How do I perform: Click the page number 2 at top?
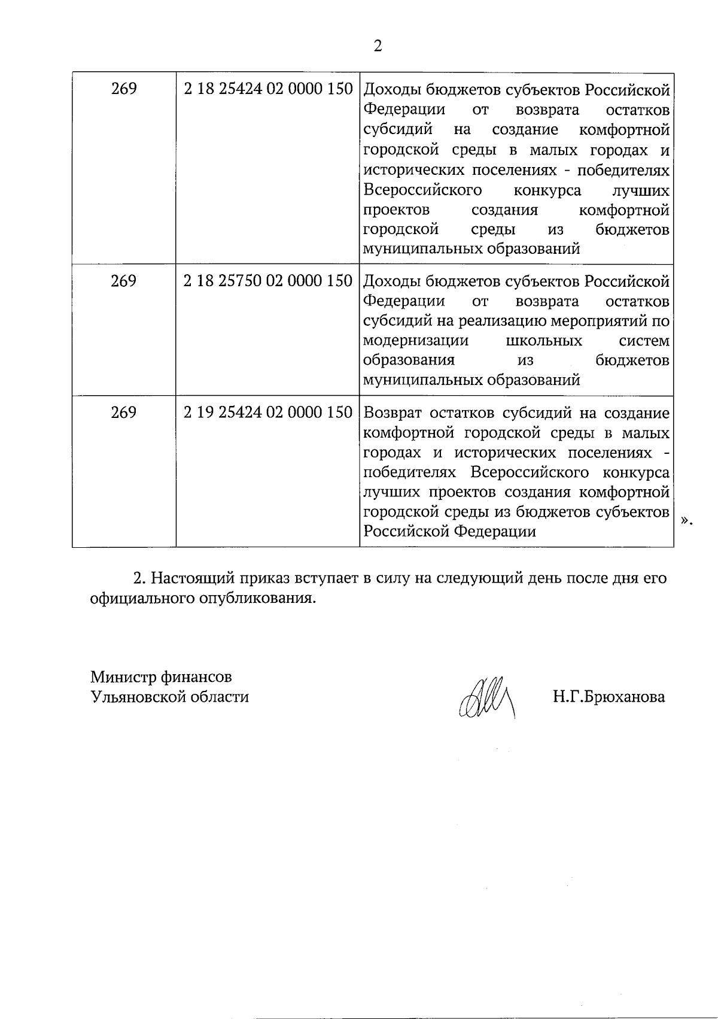pyautogui.click(x=377, y=46)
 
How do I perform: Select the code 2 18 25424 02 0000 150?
pyautogui.click(x=267, y=89)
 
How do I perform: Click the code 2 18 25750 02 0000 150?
pyautogui.click(x=267, y=281)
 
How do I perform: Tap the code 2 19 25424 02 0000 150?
pyautogui.click(x=267, y=413)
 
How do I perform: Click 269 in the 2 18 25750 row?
pyautogui.click(x=124, y=281)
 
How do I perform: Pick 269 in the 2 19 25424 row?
pyautogui.click(x=124, y=413)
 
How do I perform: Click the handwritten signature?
pyautogui.click(x=486, y=697)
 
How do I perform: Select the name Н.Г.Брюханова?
pyautogui.click(x=609, y=697)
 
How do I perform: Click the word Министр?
pyautogui.click(x=123, y=677)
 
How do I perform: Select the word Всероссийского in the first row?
pyautogui.click(x=423, y=190)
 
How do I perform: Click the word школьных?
pyautogui.click(x=544, y=341)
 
